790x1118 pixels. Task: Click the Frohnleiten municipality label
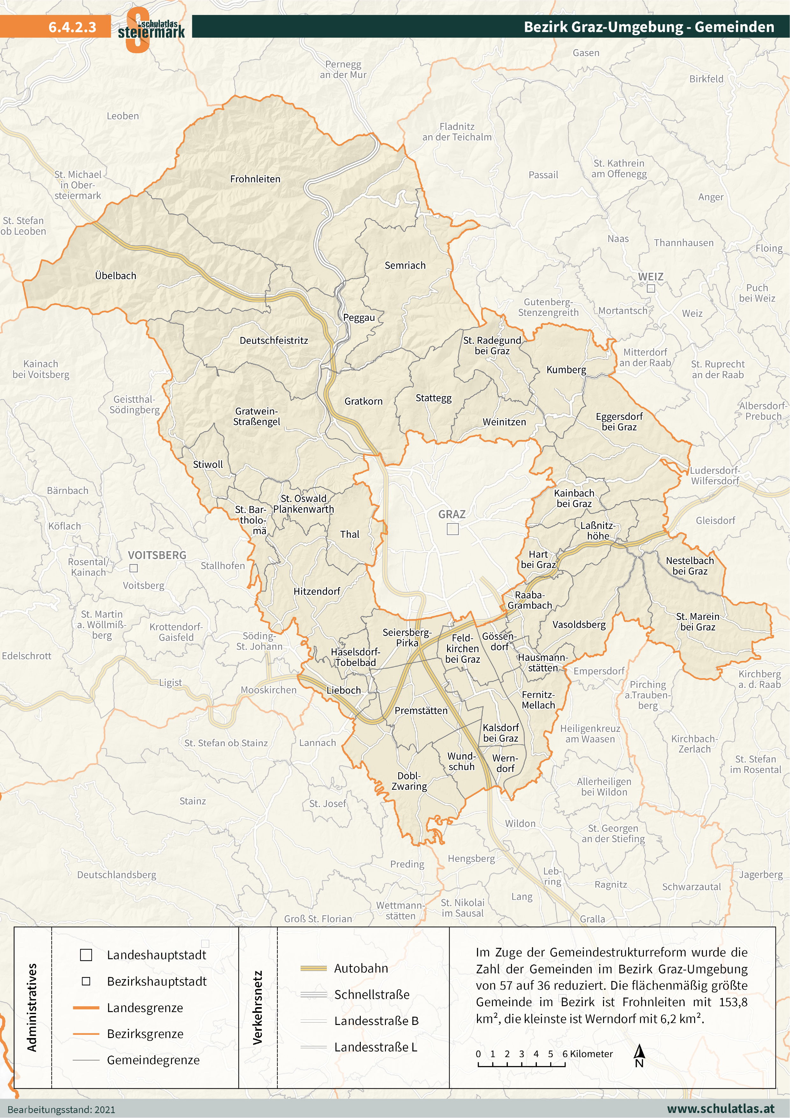click(255, 179)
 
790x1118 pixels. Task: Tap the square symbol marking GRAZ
click(453, 529)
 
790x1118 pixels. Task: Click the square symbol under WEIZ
click(651, 288)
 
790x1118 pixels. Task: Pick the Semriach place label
click(405, 265)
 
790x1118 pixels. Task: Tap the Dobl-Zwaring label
click(409, 781)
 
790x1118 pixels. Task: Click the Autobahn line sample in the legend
click(313, 968)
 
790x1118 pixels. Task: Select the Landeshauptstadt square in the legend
click(86, 955)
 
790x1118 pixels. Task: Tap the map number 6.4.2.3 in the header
click(72, 27)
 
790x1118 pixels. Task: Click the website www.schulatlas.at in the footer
click(720, 1109)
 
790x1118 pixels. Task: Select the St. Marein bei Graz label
click(698, 622)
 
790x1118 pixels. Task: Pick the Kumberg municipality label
click(566, 370)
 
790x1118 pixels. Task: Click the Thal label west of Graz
click(350, 534)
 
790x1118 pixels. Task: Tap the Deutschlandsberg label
click(117, 875)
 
